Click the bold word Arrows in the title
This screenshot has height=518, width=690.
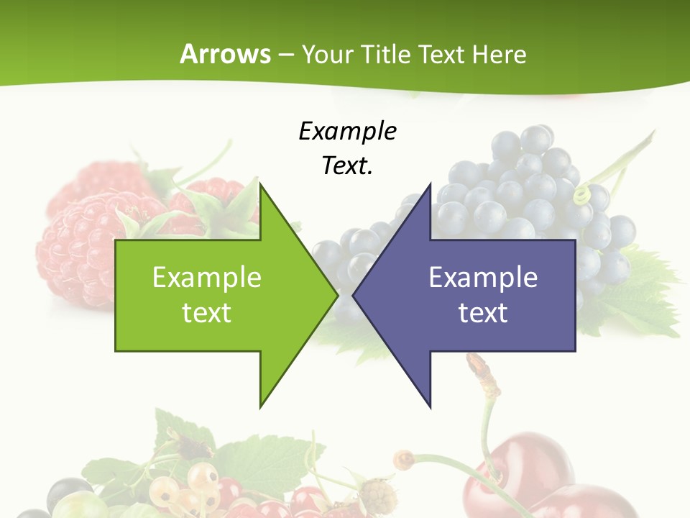(225, 55)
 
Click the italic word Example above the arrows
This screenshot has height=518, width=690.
(347, 132)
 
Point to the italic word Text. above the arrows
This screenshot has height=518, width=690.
(347, 166)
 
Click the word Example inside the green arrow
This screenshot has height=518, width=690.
(206, 278)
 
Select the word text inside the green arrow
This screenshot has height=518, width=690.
(206, 313)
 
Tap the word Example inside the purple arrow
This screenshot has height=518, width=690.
(483, 278)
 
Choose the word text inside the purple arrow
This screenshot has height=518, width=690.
(483, 313)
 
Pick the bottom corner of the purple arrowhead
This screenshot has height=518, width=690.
(430, 406)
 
